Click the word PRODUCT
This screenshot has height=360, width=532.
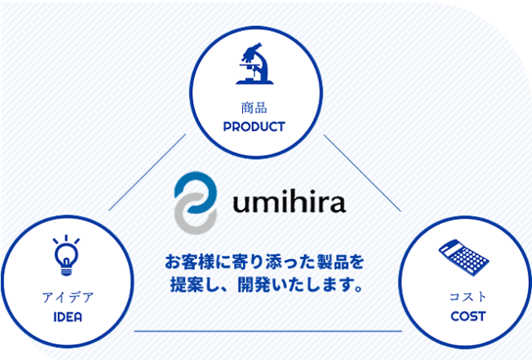click(x=254, y=127)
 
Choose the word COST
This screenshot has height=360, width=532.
click(x=468, y=316)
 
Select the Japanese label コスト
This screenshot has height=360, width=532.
click(x=467, y=296)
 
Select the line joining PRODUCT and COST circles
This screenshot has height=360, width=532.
click(x=362, y=172)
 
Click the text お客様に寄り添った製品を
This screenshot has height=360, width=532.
click(x=264, y=264)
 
